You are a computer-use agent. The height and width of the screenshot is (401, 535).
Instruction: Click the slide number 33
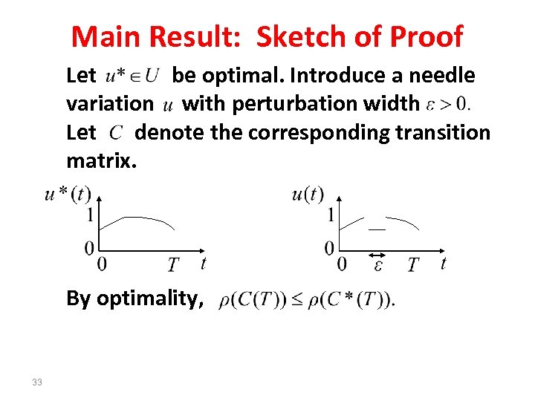point(37,382)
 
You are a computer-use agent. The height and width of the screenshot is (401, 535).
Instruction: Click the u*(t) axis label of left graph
point(67,195)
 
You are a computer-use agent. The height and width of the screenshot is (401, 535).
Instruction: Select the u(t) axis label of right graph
point(308,195)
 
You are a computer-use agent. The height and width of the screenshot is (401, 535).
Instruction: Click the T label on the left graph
point(172,265)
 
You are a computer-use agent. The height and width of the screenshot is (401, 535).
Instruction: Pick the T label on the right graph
point(413,265)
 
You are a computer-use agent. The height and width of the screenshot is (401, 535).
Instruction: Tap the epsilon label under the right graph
point(378,265)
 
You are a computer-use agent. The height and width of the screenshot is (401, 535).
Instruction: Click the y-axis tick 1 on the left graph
point(90,215)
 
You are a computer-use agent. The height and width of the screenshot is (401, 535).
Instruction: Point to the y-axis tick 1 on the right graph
point(331,215)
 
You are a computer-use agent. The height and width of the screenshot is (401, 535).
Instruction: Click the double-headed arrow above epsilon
point(377,255)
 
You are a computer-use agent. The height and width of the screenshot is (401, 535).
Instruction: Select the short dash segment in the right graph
point(377,230)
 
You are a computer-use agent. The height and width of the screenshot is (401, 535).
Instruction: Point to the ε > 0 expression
point(448,104)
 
